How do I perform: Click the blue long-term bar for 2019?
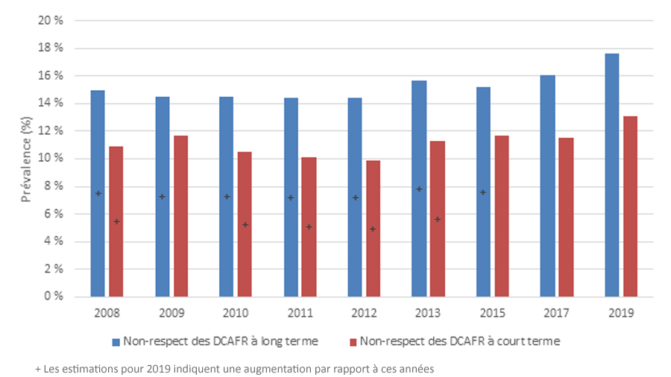[611, 175]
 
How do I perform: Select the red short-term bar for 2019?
[630, 206]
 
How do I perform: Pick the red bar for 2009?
[180, 216]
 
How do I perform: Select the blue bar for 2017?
[547, 186]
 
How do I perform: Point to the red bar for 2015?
[502, 216]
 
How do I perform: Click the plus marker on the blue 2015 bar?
[483, 192]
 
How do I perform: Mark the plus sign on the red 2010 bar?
[245, 224]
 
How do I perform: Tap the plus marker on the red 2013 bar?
[438, 219]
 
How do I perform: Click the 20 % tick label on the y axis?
[49, 21]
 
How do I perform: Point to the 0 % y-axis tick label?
[52, 297]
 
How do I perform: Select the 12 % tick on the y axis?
[49, 131]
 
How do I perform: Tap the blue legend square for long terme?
[116, 342]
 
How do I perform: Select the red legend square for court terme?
[353, 342]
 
